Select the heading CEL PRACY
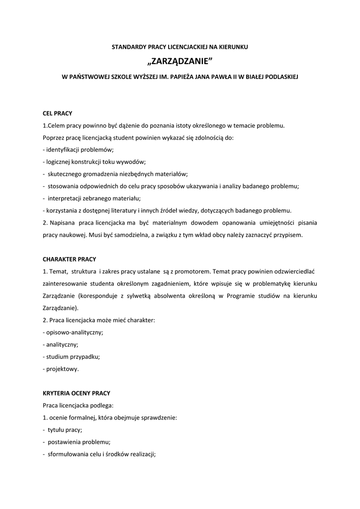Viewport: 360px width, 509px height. tap(57, 113)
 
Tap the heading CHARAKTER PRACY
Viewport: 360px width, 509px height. tap(69, 259)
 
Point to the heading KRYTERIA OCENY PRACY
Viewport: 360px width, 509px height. tap(76, 393)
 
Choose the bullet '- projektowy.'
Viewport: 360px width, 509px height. tap(61, 369)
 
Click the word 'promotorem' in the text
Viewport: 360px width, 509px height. tap(197, 271)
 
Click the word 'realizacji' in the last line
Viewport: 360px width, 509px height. tap(142, 454)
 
